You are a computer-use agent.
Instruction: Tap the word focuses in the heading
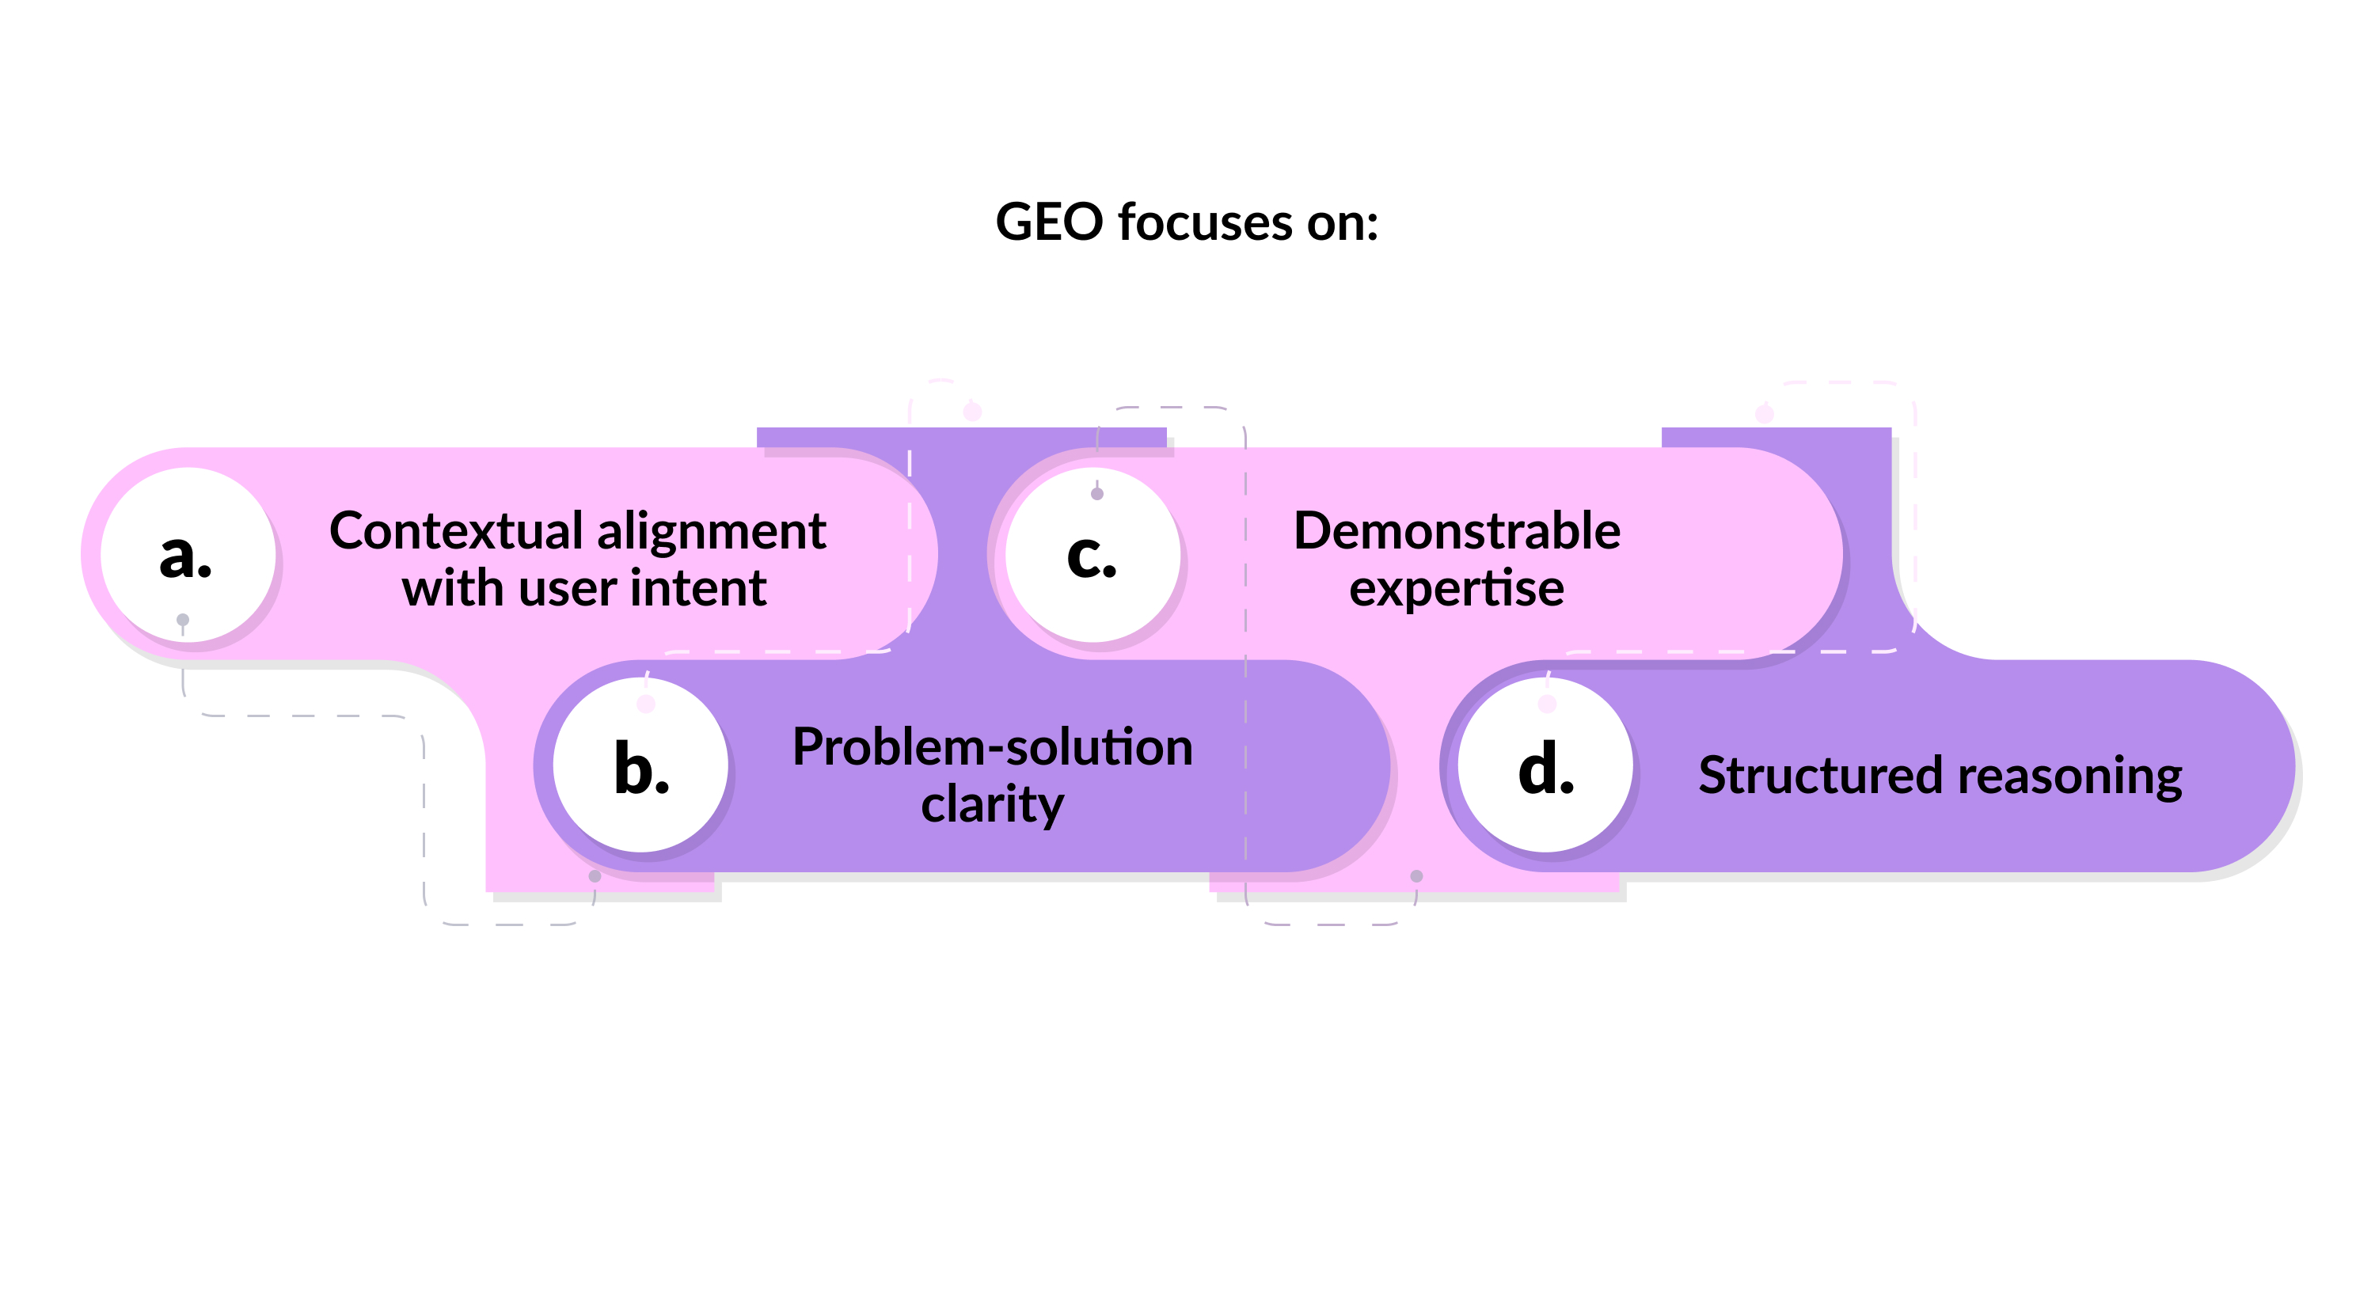tap(1205, 223)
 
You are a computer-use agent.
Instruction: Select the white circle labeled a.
tap(187, 556)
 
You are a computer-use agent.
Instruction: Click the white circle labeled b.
tap(640, 765)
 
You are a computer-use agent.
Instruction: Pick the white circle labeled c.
tap(1092, 556)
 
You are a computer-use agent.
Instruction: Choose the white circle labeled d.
tap(1546, 765)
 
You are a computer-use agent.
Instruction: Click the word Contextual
tap(456, 532)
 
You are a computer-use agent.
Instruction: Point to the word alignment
tap(711, 532)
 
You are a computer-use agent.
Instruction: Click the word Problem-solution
tap(992, 746)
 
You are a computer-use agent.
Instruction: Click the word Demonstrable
tap(1457, 532)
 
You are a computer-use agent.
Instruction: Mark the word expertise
tap(1457, 589)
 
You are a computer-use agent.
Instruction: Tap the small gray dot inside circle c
tap(1097, 494)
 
